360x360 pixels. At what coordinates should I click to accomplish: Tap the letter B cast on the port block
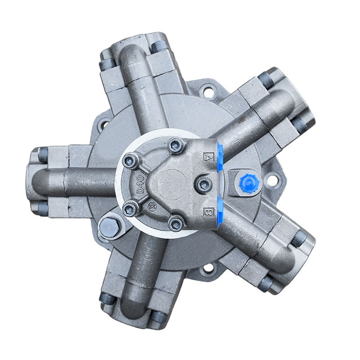coord(209,211)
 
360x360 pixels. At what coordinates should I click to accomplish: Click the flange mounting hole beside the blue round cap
coord(272,181)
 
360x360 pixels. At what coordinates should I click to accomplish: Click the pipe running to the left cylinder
coord(77,180)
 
